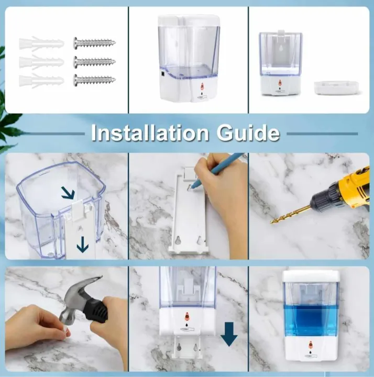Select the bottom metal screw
tap(94, 80)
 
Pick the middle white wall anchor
tap(41, 62)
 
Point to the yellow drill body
tap(348, 188)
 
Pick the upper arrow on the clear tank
tap(68, 194)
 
